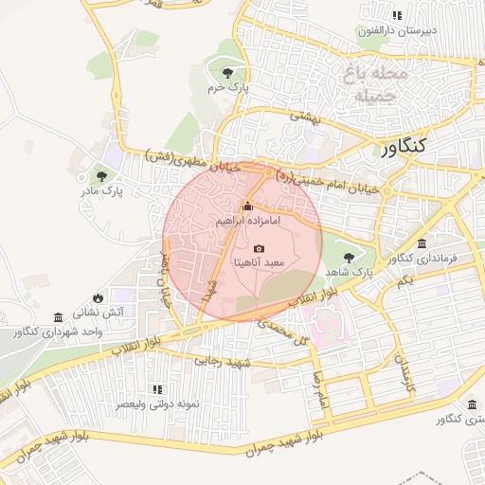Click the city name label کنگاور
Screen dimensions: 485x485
point(405,147)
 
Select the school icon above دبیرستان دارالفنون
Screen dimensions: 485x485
point(397,16)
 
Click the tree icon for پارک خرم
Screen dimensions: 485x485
point(226,72)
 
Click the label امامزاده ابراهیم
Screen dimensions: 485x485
point(247,221)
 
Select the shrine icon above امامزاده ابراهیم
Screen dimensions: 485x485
point(248,207)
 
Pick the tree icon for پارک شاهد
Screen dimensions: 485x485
point(348,257)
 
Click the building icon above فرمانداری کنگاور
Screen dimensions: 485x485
point(422,243)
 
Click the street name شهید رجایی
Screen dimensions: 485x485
point(221,360)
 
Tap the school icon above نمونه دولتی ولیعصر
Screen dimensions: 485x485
point(157,389)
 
